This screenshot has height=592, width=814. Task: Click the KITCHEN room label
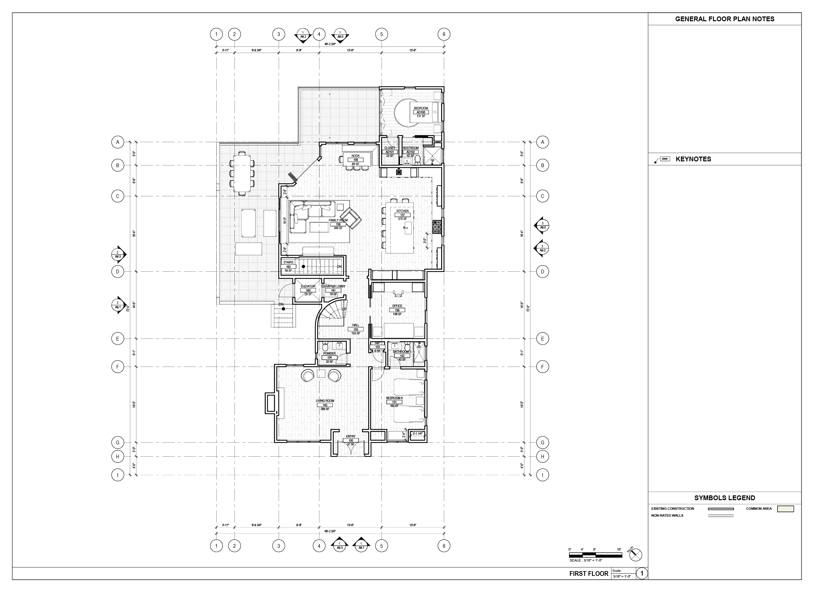402,211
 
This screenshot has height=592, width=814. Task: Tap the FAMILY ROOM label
338,220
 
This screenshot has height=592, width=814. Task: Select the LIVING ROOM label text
325,401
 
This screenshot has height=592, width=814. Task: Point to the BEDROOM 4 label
394,398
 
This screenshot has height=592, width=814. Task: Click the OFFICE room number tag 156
397,310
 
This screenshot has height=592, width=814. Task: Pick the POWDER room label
329,354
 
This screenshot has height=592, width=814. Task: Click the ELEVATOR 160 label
308,286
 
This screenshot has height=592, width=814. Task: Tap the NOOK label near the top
355,156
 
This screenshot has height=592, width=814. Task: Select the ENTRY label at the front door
351,436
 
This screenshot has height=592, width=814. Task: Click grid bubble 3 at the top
279,35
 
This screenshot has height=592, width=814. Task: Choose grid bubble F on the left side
117,367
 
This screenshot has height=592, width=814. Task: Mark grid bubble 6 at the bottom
444,546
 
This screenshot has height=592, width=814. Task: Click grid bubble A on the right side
542,142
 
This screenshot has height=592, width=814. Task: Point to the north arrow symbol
635,555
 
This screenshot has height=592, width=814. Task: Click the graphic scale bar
595,555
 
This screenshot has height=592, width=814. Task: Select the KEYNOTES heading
693,159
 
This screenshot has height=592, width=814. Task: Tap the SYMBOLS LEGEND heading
724,498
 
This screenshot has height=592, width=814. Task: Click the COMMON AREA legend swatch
785,509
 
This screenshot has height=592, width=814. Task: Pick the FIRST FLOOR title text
588,574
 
